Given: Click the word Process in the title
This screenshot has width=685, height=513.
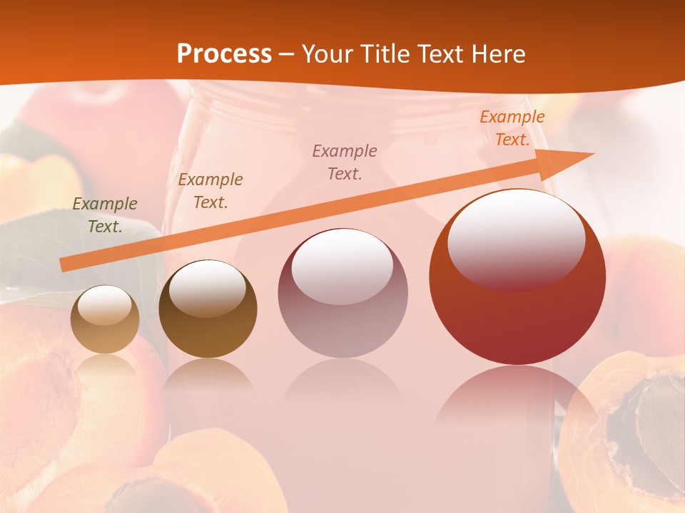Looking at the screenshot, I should click(224, 54).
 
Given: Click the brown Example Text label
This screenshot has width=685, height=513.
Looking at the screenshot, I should click(210, 191).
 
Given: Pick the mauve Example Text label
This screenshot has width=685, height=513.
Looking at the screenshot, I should click(345, 162).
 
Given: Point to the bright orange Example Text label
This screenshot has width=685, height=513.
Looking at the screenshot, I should click(512, 128).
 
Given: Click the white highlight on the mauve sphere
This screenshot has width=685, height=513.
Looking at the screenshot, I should click(342, 265).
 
